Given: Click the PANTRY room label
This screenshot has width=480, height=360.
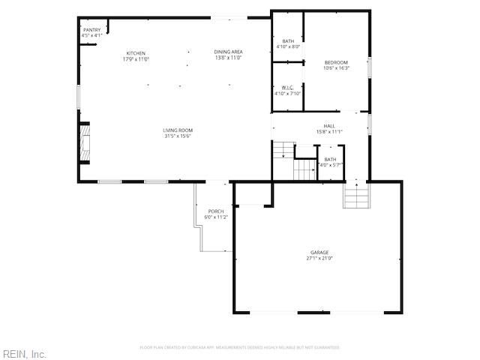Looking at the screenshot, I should (91, 29).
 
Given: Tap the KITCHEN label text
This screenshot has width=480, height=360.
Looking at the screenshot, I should (136, 53).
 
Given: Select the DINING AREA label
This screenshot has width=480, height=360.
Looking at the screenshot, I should (229, 52).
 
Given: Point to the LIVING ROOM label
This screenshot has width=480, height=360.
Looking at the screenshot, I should (178, 130).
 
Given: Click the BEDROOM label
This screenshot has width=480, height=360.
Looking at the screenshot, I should (336, 62).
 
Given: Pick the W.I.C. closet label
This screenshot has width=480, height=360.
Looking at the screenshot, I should (286, 88).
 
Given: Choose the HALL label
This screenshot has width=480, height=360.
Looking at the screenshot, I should (329, 126).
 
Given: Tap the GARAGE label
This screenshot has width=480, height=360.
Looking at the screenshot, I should (320, 253).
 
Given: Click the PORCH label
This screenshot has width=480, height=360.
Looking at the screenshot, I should (216, 211).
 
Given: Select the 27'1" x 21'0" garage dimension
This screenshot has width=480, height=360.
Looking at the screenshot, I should (320, 259).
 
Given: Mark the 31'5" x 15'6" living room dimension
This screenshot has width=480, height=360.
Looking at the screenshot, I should (178, 136).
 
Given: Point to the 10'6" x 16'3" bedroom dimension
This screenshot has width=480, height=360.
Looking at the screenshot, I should (336, 68).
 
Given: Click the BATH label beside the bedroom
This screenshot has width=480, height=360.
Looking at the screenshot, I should (288, 40).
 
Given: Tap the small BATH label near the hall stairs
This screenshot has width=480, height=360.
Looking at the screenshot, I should (330, 159).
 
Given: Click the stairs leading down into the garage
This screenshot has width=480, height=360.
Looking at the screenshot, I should (357, 198).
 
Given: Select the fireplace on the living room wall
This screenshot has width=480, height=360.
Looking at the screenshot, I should (85, 142).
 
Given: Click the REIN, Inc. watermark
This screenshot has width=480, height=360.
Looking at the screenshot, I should (25, 353).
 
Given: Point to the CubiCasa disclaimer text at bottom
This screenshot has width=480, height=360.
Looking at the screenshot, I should (240, 347).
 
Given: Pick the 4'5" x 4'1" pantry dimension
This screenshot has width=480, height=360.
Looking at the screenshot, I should (91, 35).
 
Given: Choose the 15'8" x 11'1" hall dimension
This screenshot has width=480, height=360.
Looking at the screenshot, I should (329, 132).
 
